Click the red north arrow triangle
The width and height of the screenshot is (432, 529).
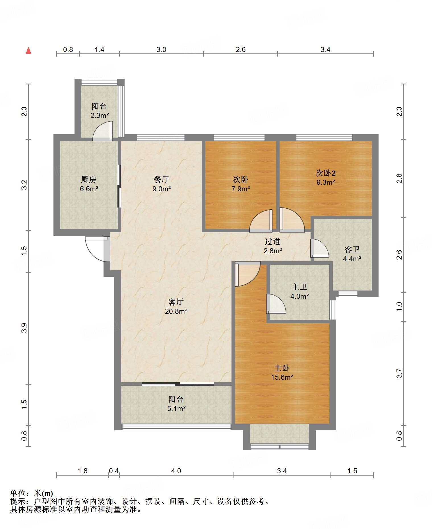click(x=28, y=51)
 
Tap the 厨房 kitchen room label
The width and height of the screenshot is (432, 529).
click(x=89, y=180)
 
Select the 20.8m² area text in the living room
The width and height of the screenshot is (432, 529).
click(x=176, y=311)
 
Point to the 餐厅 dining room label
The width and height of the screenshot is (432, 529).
click(x=161, y=180)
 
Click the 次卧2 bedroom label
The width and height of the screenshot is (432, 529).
click(x=326, y=173)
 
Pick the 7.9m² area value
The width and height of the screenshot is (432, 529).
click(x=241, y=189)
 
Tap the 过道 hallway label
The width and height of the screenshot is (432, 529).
click(x=272, y=242)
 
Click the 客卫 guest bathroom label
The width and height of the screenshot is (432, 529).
click(x=352, y=250)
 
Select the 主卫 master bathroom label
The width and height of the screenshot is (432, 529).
click(x=299, y=287)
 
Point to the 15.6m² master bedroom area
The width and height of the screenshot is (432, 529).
click(x=282, y=377)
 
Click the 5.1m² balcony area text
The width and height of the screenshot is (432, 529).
click(x=176, y=408)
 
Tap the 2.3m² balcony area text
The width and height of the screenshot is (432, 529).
click(x=100, y=115)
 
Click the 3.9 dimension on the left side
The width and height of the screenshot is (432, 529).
click(x=24, y=328)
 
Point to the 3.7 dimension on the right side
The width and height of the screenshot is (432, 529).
click(x=399, y=373)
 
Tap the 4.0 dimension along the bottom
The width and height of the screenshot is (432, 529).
click(x=176, y=471)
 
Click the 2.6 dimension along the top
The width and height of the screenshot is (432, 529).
click(x=241, y=50)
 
